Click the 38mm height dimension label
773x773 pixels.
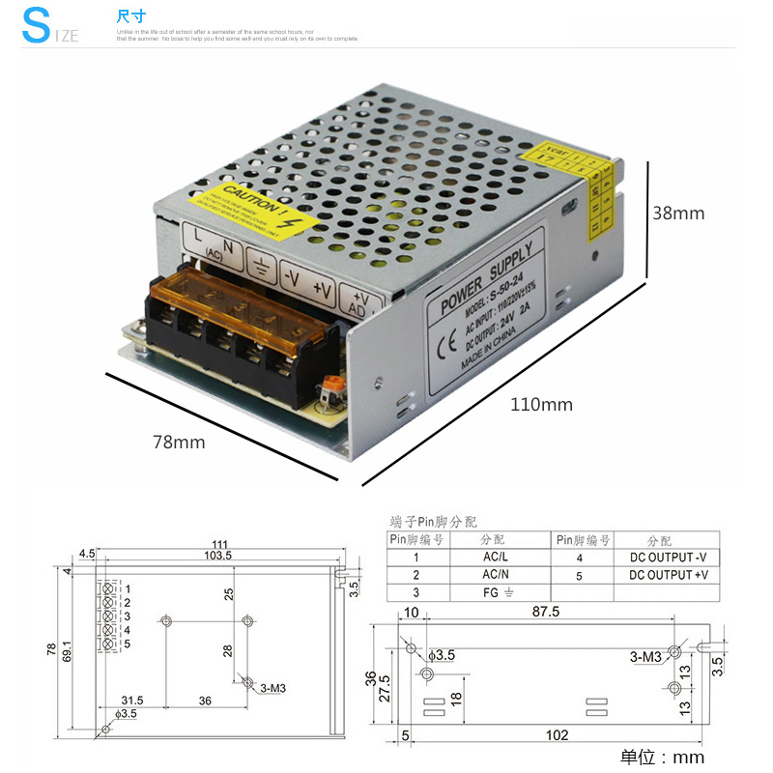coord(678,214)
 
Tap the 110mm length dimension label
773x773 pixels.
coord(541,405)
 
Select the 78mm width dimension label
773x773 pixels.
coord(179,442)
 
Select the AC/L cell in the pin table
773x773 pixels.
coord(497,558)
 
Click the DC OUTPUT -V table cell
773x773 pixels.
coord(668,558)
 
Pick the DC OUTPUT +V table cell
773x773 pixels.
coord(668,575)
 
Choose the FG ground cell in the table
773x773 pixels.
coord(497,592)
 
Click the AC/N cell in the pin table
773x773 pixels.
coord(497,575)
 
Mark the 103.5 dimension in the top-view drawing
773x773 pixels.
coord(217,555)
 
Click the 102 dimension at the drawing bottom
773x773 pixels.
coord(557,735)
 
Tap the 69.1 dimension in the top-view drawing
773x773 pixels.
coord(67,651)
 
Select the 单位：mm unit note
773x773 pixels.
coord(662,757)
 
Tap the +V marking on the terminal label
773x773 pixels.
coord(322,289)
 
